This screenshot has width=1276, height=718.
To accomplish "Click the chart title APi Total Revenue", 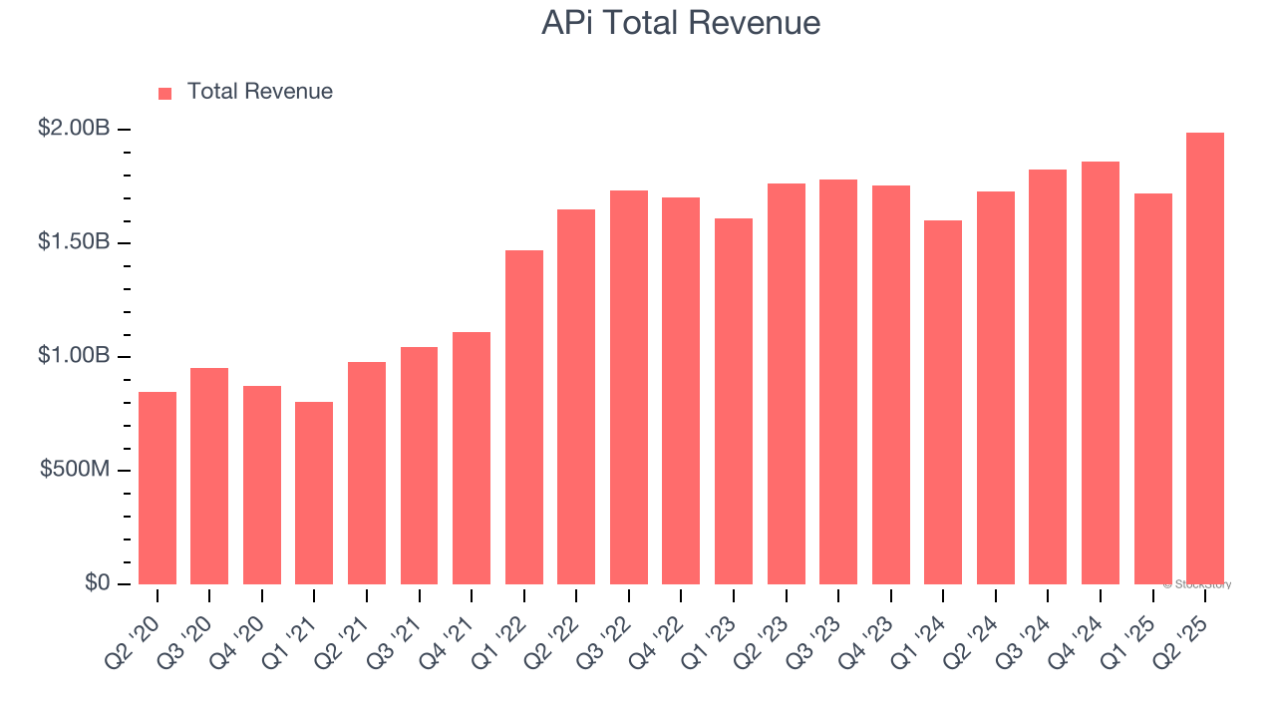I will click(681, 23).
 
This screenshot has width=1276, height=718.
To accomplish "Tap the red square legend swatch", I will click(165, 93).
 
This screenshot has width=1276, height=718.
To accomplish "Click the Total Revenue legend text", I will click(259, 92).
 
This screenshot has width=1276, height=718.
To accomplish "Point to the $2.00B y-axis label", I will click(75, 129).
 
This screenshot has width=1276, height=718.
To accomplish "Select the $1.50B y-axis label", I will click(75, 242).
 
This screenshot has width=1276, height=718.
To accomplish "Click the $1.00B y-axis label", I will click(75, 356).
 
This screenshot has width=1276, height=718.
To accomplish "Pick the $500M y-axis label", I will click(75, 470).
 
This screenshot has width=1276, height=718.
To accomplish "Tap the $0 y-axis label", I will click(96, 583).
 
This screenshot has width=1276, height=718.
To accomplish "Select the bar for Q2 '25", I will click(1204, 359).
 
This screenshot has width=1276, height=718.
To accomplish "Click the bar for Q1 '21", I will click(314, 494).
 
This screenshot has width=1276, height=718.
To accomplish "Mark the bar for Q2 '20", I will click(158, 489).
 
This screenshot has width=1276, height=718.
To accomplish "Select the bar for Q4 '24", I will click(1100, 373).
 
